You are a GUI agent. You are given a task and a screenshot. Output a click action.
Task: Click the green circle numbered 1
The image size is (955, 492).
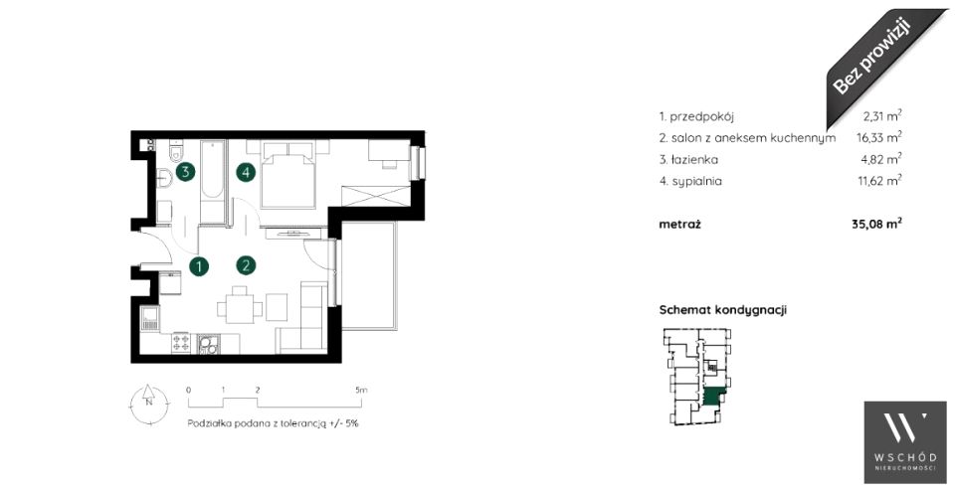click(199, 266)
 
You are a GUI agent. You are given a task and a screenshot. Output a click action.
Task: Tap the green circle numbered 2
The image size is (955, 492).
click(246, 264)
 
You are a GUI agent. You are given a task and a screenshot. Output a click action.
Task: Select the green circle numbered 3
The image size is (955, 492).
click(185, 172)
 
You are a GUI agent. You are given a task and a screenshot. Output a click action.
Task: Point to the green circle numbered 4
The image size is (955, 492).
click(246, 173)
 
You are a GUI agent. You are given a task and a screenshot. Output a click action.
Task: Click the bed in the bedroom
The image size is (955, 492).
click(288, 176)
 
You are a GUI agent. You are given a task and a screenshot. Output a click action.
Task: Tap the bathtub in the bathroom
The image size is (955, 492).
click(213, 172)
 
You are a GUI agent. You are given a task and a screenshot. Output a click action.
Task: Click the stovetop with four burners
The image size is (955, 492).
click(181, 343)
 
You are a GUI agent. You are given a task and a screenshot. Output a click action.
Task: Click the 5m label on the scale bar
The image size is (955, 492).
click(361, 391)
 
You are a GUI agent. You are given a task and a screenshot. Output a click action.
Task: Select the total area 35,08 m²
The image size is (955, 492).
click(876, 224)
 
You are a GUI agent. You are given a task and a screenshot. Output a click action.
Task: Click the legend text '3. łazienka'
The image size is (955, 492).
click(688, 160)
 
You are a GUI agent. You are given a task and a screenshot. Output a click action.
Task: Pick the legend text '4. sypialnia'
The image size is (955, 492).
click(690, 182)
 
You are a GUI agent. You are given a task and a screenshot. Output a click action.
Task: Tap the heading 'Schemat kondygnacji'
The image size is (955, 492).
click(723, 310)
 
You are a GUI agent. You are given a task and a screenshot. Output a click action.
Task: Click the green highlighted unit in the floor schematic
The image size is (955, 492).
click(713, 397)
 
